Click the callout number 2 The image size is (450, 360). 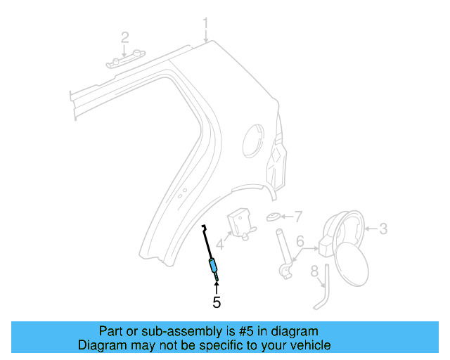coord(124,37)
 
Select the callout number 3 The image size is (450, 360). coord(383,228)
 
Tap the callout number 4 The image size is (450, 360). coord(219,245)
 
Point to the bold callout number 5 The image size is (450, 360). coord(217,303)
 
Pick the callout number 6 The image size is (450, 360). coord(300,241)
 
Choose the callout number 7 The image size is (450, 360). coord(297,215)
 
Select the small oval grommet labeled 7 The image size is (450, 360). coord(274,217)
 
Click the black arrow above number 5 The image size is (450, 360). coord(217,287)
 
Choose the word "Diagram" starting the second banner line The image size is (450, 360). coord(102,345)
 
